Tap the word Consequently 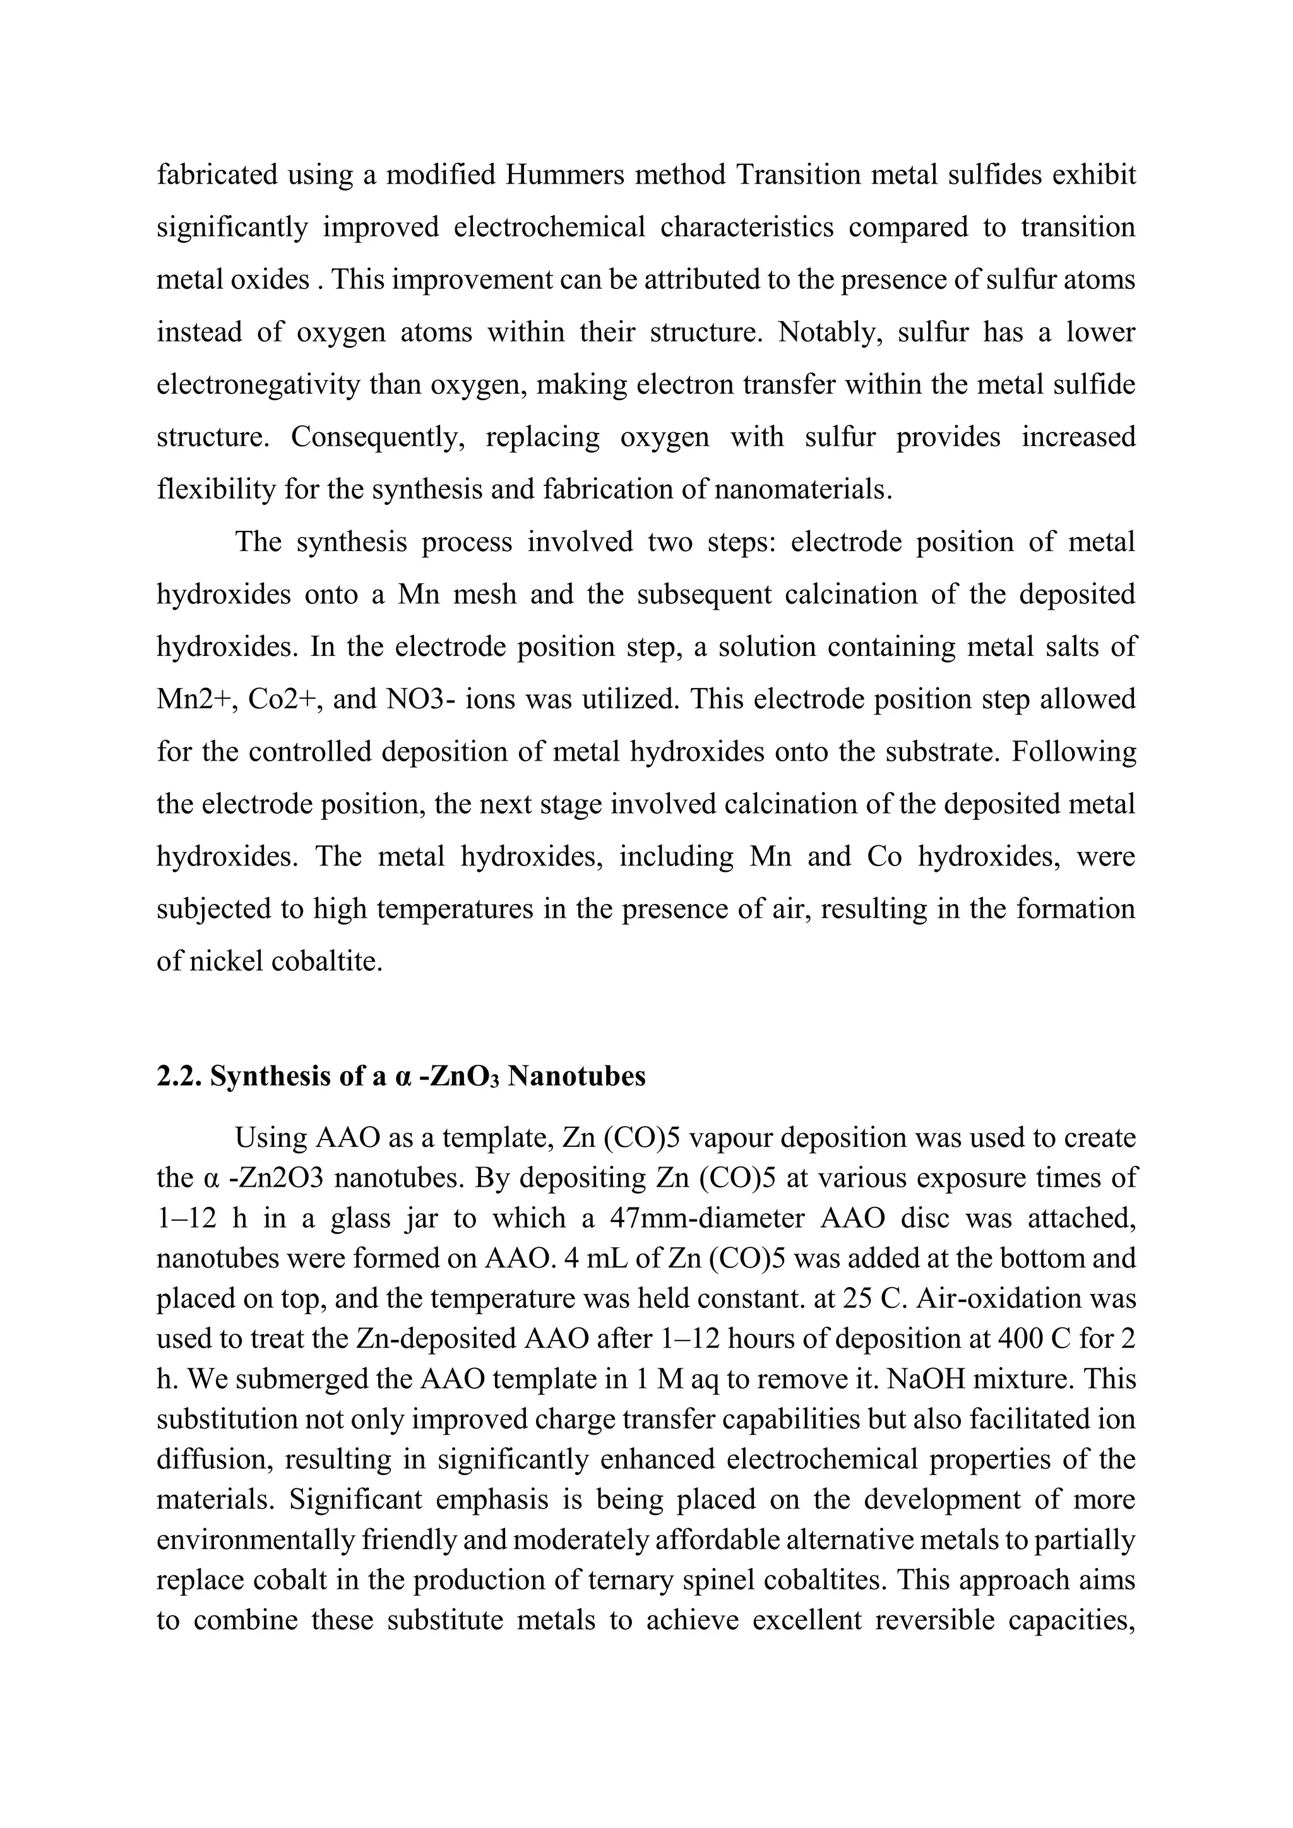coord(378,437)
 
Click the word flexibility coord(216,489)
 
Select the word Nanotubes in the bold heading coord(576,1076)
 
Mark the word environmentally coord(255,1541)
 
